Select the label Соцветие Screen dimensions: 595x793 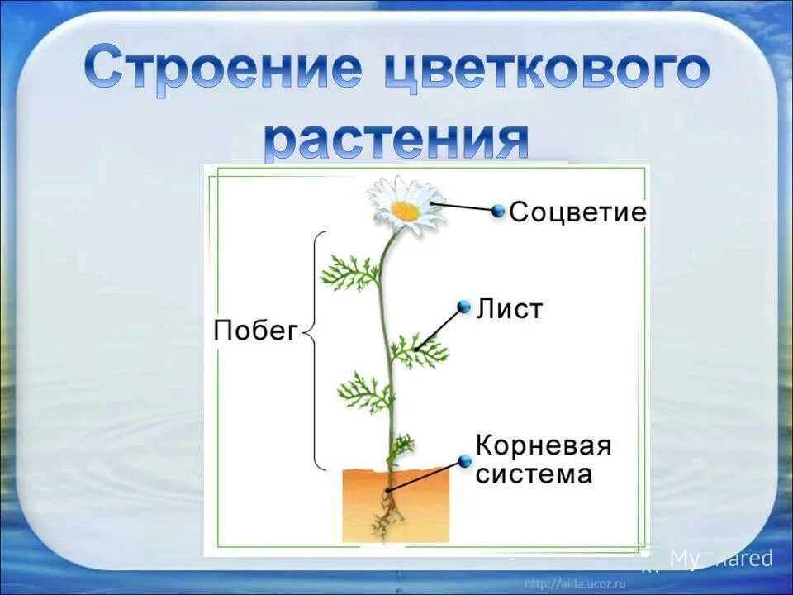[577, 212]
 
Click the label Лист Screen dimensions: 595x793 [510, 309]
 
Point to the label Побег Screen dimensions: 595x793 [254, 331]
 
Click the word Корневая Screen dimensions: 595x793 [544, 446]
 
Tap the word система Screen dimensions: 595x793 [534, 474]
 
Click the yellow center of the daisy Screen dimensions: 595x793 [405, 211]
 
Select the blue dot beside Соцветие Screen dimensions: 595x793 [498, 211]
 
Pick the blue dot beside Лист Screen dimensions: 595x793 [464, 307]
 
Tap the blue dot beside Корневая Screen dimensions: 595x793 [464, 461]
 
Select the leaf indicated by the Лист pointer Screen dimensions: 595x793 [417, 351]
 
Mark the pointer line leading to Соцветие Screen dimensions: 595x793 [463, 207]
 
